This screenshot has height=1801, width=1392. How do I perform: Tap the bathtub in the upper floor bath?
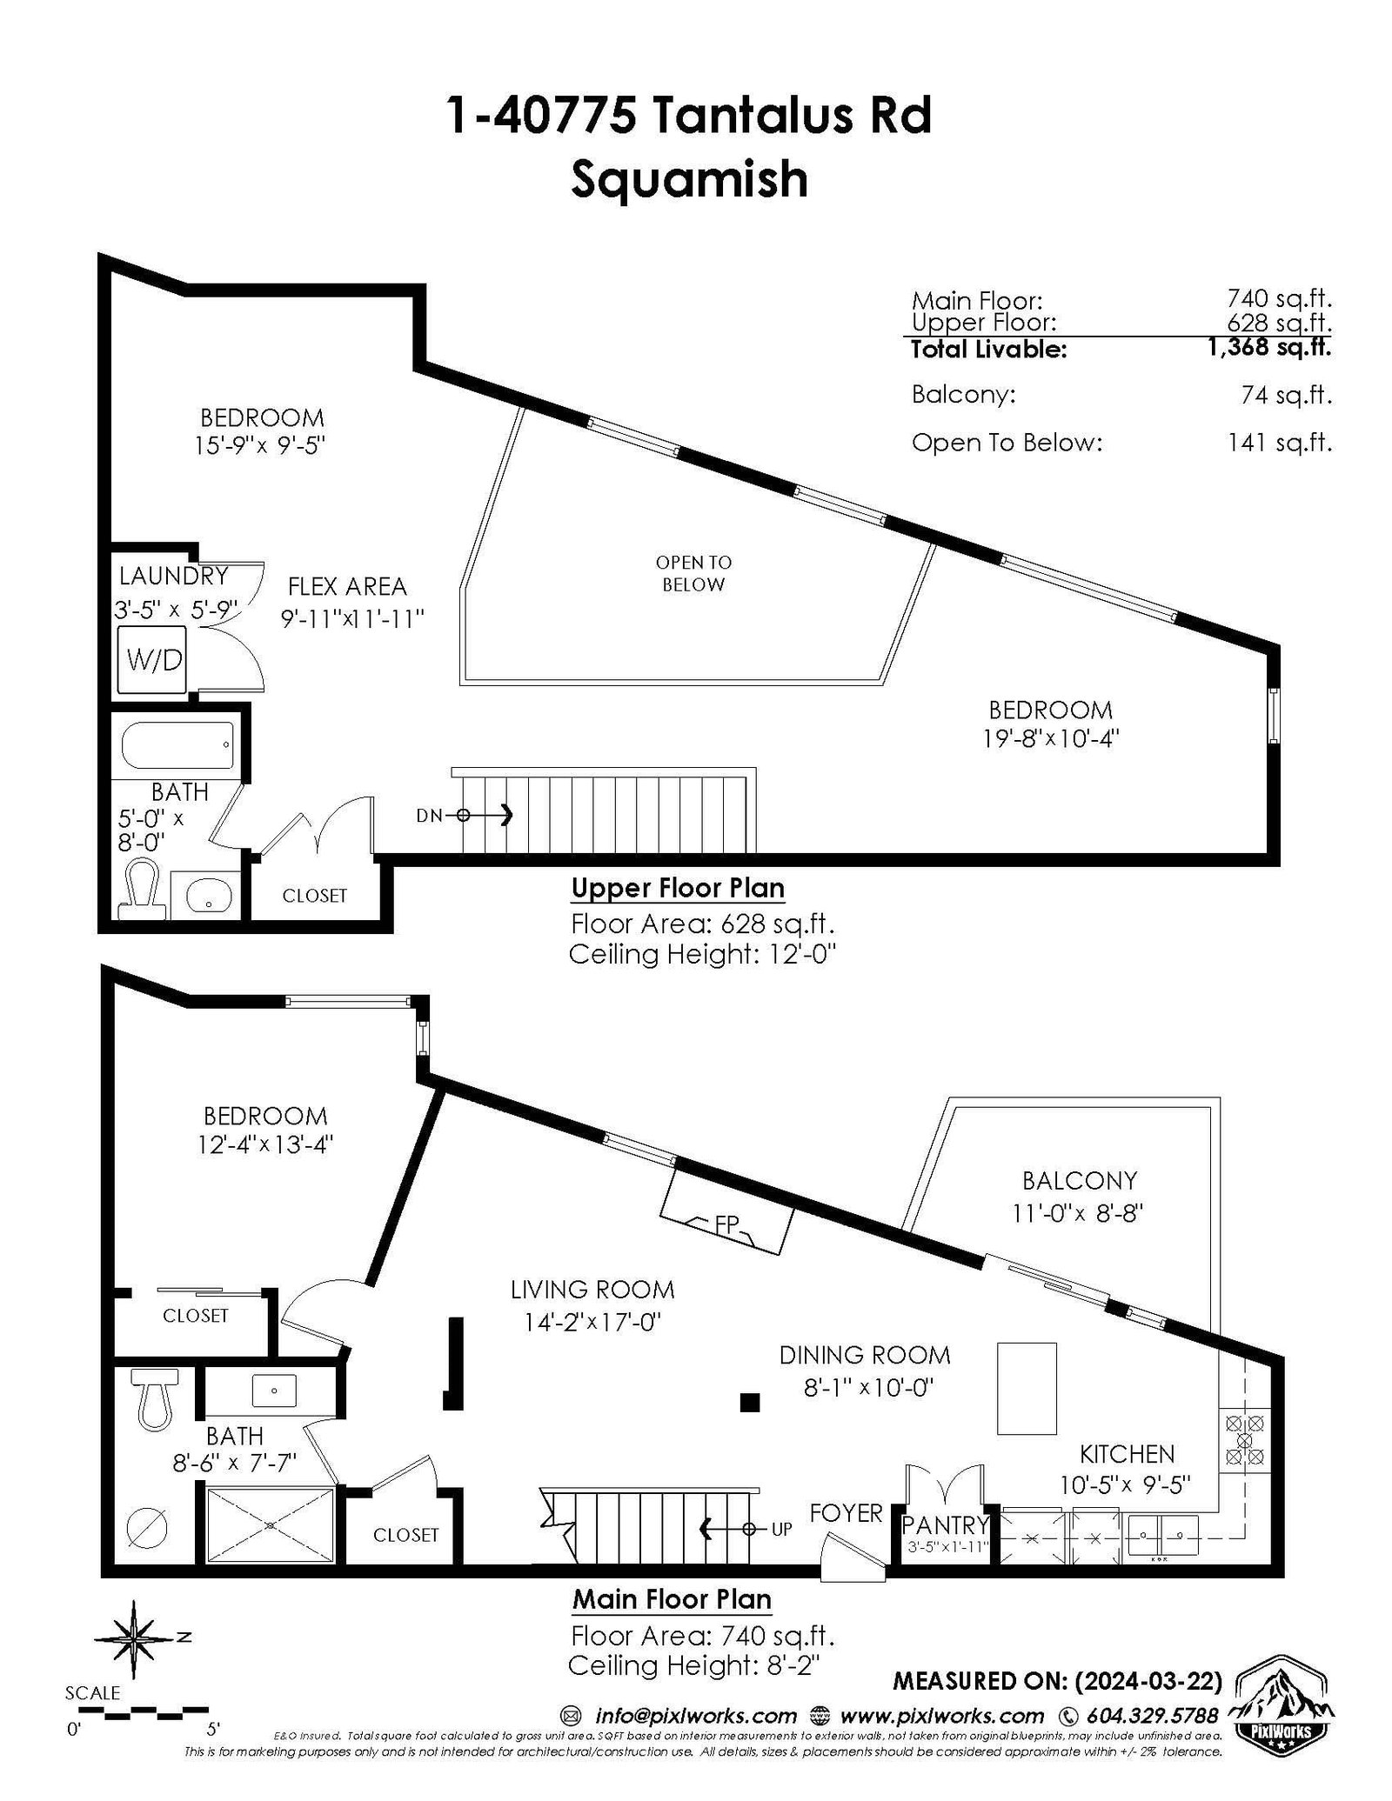(178, 745)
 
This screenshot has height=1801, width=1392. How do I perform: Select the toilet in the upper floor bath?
(142, 890)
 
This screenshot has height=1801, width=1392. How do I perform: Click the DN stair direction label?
(429, 816)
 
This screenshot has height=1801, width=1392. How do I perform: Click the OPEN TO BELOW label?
(693, 573)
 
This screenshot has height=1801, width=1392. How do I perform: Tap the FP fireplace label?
(727, 1224)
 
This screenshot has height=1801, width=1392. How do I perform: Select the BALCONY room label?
(1080, 1180)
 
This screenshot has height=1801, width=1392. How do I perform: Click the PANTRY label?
(946, 1524)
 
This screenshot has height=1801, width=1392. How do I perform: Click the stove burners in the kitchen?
(1245, 1439)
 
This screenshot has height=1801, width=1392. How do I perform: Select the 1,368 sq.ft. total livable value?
(1269, 348)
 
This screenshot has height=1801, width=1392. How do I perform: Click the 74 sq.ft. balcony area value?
(1287, 395)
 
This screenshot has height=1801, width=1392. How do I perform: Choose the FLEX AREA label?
(347, 586)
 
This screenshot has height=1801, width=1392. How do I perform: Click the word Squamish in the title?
(689, 178)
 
